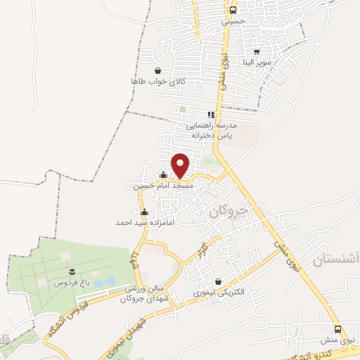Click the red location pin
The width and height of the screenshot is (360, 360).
(181, 165)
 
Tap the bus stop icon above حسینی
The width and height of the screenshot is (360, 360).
(233, 11)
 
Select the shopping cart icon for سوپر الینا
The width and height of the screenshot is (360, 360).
(257, 51)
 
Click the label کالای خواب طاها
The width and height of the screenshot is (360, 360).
(157, 82)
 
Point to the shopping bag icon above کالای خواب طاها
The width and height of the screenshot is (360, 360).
(157, 70)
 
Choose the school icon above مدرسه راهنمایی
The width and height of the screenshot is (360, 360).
(210, 115)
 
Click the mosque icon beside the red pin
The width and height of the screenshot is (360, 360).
(163, 176)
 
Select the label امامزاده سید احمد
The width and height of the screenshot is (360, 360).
(145, 222)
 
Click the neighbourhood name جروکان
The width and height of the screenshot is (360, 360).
(225, 211)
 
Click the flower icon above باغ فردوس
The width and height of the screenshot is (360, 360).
(72, 271)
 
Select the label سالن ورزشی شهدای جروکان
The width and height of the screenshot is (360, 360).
(145, 293)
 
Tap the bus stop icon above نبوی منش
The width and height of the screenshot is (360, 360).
(338, 329)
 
